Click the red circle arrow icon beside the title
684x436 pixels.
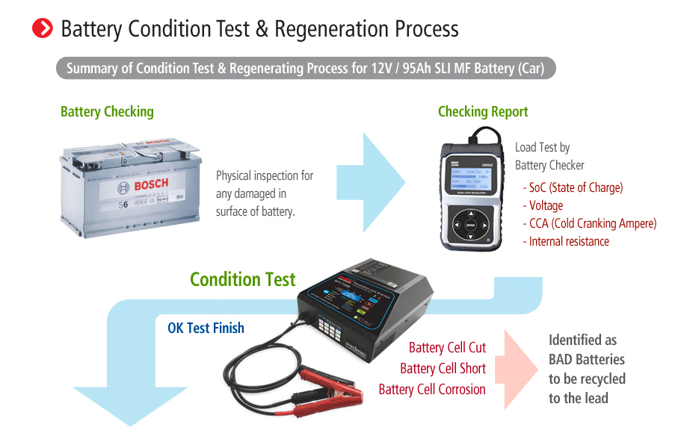tap(43, 28)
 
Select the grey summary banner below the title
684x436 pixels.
tap(306, 69)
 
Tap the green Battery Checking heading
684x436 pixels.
tap(107, 112)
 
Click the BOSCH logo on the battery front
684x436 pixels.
tap(151, 184)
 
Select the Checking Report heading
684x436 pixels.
tap(483, 112)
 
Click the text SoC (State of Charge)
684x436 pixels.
tap(576, 188)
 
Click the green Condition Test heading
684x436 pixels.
tap(243, 280)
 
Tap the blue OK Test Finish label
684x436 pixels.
tap(206, 328)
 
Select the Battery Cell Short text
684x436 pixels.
tap(443, 369)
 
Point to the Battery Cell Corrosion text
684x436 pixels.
tap(432, 390)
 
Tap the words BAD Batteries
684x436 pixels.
tap(586, 359)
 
